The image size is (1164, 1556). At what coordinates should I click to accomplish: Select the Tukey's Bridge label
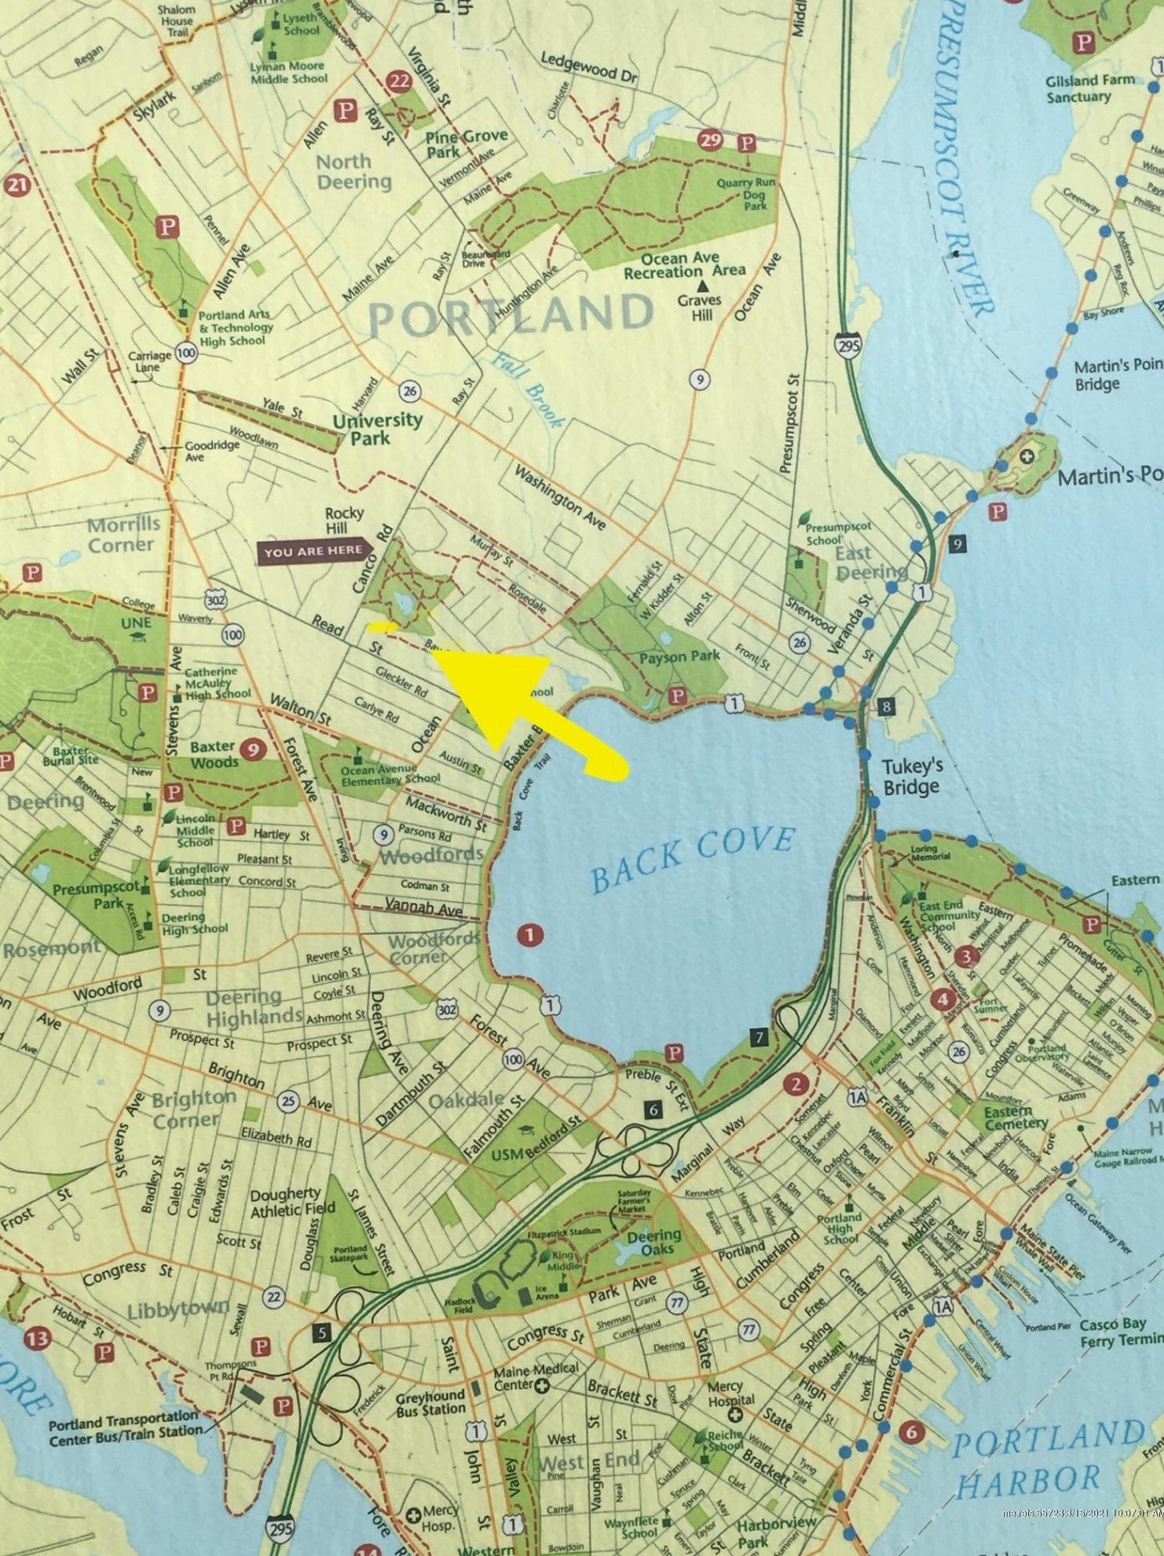click(x=912, y=776)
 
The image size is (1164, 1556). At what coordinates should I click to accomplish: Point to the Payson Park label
click(x=680, y=656)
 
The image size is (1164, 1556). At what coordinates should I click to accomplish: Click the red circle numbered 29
click(x=711, y=141)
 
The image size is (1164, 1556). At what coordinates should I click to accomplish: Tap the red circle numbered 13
click(x=38, y=1339)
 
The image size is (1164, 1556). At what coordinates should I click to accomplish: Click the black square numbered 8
click(x=886, y=707)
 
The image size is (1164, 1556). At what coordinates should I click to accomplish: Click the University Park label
click(x=377, y=429)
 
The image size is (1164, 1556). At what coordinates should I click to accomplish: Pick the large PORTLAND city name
click(x=511, y=316)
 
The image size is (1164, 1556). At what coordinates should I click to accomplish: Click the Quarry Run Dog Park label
click(x=746, y=193)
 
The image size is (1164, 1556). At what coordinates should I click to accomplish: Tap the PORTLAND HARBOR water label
click(x=1037, y=1460)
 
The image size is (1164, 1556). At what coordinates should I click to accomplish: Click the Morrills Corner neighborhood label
click(x=123, y=535)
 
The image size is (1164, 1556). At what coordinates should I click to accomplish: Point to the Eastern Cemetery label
click(x=1015, y=1118)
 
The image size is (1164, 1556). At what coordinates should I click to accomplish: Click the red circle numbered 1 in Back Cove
click(x=530, y=935)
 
